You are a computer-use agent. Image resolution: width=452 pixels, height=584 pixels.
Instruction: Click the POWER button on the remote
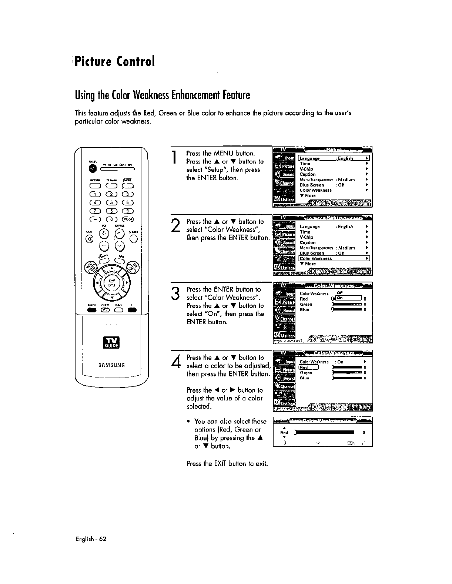[x=92, y=168]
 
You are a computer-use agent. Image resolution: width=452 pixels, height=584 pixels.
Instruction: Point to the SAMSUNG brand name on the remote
[x=111, y=365]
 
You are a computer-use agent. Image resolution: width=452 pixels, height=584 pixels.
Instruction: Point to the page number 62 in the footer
[x=102, y=539]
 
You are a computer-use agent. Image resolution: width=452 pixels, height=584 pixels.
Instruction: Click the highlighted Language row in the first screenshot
[x=334, y=158]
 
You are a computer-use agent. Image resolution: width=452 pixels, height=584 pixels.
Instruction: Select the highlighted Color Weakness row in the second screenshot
[x=334, y=258]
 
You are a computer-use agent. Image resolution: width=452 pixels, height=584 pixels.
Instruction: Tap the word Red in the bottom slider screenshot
[x=284, y=433]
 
